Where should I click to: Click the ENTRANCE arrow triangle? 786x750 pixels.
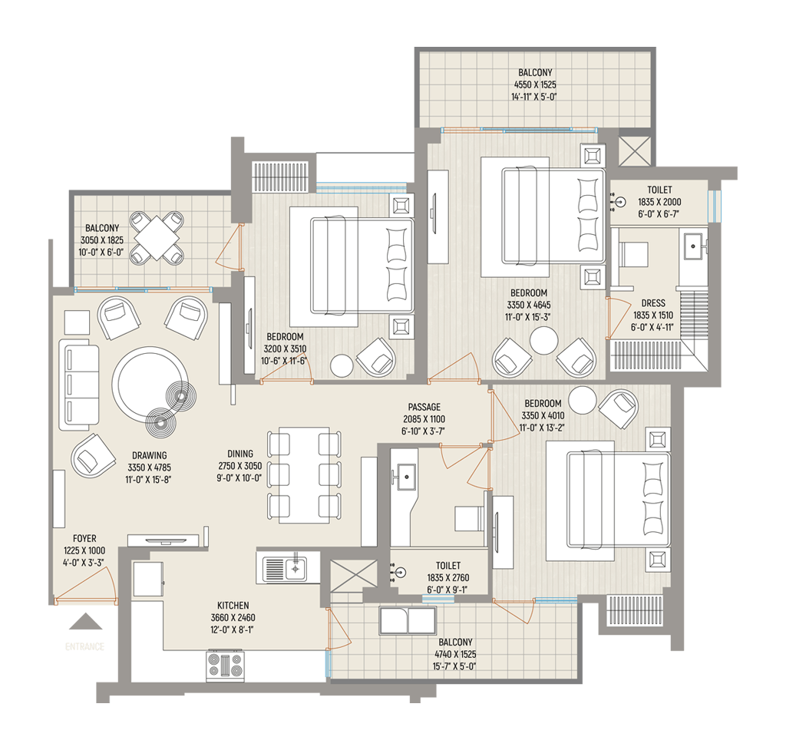point(85,622)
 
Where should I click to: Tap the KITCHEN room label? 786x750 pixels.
point(233,606)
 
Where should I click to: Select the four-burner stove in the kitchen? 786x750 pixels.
point(226,666)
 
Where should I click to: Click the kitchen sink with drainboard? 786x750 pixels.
point(288,567)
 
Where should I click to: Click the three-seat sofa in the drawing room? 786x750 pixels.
point(79,385)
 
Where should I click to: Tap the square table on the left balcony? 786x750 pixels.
point(157,238)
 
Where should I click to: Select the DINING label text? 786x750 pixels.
point(240,454)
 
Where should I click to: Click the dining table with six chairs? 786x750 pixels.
point(304,475)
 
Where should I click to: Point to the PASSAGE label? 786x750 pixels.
point(424,407)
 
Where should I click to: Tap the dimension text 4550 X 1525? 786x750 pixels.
point(535,84)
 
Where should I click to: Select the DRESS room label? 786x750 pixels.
point(653,303)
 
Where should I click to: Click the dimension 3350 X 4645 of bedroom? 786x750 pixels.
point(528,305)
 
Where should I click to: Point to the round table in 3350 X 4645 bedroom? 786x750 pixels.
point(544,341)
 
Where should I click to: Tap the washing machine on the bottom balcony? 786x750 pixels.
point(408,621)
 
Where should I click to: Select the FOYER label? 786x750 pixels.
point(84,538)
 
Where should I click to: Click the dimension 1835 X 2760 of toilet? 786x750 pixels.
point(448,577)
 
